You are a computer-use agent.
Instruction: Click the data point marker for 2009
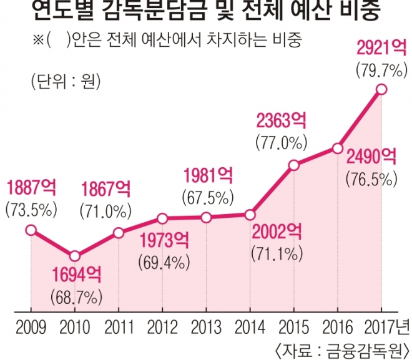coord(31,231)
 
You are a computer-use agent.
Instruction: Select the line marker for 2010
coord(74,256)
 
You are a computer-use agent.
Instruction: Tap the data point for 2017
coord(382,90)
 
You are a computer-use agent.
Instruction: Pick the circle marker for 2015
coord(293,165)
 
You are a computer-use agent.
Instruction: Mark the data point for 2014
coord(250,215)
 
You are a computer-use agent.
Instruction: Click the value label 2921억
coord(381,48)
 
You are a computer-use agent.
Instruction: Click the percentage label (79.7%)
coord(380,69)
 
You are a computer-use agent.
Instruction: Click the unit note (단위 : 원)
coord(64,81)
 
